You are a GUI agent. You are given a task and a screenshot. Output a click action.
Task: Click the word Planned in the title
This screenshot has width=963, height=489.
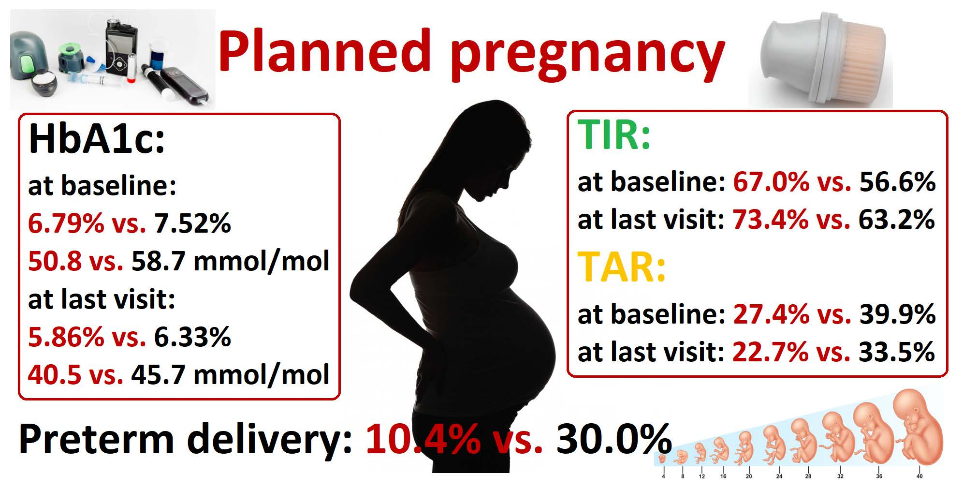tap(324, 51)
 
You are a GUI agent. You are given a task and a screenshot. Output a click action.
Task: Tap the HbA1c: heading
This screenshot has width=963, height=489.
tap(97, 139)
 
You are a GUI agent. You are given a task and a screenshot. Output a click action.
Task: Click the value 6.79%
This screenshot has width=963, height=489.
tap(66, 223)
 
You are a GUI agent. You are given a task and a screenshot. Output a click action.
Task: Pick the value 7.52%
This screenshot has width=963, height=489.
tap(192, 223)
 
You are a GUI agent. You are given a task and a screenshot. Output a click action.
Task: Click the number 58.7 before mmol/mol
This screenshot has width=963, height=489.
tap(158, 261)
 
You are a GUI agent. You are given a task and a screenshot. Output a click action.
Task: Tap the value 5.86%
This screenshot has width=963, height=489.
tap(66, 337)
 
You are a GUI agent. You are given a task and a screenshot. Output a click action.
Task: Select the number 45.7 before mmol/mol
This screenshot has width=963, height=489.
tap(158, 374)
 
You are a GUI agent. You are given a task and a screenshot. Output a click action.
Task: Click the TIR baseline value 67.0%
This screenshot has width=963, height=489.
tap(771, 182)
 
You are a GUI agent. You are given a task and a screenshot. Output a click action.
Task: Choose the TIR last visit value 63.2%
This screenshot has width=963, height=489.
tap(896, 219)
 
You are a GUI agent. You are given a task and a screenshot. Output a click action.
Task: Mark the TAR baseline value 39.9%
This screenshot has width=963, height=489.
tap(897, 314)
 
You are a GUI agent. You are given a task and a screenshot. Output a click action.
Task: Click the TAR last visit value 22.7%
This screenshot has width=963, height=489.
tap(770, 352)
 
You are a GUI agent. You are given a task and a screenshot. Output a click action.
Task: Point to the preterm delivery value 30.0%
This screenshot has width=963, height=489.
tap(614, 439)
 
